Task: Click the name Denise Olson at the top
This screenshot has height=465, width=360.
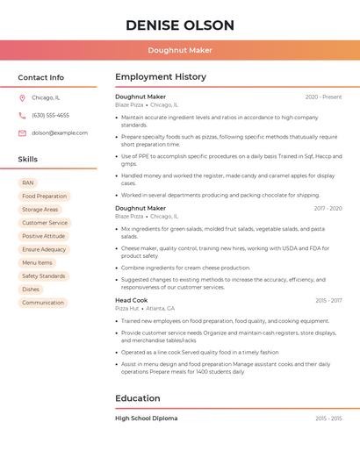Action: coord(179,25)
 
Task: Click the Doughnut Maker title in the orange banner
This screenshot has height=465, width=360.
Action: coord(179,51)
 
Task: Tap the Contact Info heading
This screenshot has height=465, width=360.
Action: coord(40,77)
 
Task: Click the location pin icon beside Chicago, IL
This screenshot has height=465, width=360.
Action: coord(22,98)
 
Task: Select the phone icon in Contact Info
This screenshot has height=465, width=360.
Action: coord(22,116)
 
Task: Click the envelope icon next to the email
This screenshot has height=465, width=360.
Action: coord(22,133)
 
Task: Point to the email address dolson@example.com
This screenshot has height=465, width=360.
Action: coord(60,133)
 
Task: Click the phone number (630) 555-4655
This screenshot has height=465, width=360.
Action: coord(50,116)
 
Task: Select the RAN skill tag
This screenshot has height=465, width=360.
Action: coord(27,183)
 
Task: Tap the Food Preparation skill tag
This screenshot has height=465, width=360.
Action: coord(44,197)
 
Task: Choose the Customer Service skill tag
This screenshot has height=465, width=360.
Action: coord(45,223)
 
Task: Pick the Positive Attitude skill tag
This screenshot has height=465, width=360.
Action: coord(44,236)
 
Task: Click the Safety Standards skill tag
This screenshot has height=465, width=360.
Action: coord(44,275)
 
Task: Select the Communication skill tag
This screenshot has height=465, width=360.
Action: coord(43,303)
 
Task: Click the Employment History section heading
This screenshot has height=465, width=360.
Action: coord(161,77)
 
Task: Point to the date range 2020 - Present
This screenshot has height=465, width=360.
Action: coord(323,97)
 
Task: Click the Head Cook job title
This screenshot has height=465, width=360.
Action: coord(132,300)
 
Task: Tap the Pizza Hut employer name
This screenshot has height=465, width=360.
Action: coord(127,309)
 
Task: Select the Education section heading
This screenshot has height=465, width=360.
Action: coord(138,398)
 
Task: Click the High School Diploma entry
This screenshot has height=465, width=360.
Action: coord(146,418)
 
